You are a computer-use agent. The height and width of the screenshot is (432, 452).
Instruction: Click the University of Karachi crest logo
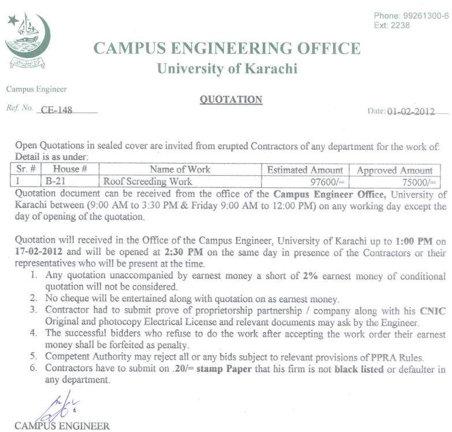point(27,41)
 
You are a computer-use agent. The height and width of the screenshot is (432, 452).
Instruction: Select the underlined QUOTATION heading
point(231,99)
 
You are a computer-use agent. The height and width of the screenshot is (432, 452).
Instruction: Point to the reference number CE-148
point(57,110)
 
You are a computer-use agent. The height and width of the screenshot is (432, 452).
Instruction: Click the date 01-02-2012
point(410,112)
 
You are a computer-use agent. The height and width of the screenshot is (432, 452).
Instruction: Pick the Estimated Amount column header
point(305,170)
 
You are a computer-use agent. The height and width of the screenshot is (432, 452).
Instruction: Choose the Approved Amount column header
point(395,170)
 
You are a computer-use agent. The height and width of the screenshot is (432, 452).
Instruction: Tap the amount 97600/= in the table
point(327,182)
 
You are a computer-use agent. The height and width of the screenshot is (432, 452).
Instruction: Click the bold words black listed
point(359,368)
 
